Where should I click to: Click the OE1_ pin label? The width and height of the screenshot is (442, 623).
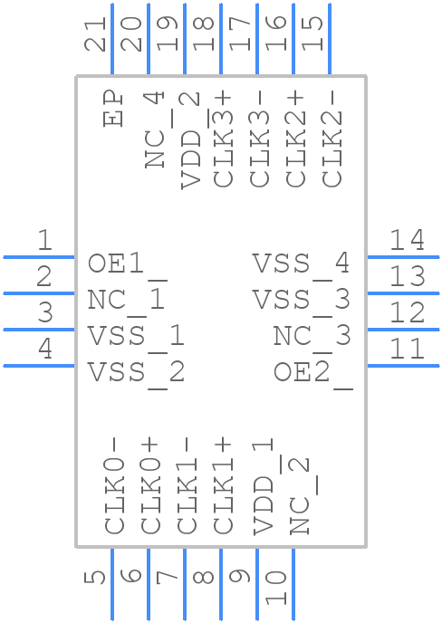pyautogui.click(x=128, y=266)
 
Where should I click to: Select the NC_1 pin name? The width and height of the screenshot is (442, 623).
pyautogui.click(x=127, y=302)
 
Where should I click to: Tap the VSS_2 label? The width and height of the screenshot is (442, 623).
pyautogui.click(x=137, y=374)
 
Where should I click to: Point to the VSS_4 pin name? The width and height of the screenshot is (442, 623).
pyautogui.click(x=302, y=265)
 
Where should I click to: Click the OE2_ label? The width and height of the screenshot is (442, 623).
pyautogui.click(x=313, y=374)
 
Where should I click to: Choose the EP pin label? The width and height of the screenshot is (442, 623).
pyautogui.click(x=112, y=109)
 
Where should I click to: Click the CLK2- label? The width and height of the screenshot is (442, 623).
pyautogui.click(x=331, y=139)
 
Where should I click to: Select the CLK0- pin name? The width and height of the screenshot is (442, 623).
pyautogui.click(x=114, y=486)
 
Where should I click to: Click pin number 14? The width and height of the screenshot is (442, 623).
pyautogui.click(x=407, y=240)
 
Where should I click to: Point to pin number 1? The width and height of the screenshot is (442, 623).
pyautogui.click(x=44, y=240)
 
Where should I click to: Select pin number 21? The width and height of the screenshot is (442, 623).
pyautogui.click(x=95, y=34)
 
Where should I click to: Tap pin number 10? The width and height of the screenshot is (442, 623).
pyautogui.click(x=276, y=588)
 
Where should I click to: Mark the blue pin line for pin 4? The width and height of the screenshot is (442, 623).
pyautogui.click(x=39, y=366)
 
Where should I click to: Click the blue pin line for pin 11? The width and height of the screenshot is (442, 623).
pyautogui.click(x=403, y=366)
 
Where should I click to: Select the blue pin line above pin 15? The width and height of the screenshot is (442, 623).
pyautogui.click(x=330, y=39)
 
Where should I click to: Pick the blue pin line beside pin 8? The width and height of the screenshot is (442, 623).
pyautogui.click(x=221, y=584)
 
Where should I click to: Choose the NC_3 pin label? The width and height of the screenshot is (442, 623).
pyautogui.click(x=312, y=338)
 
